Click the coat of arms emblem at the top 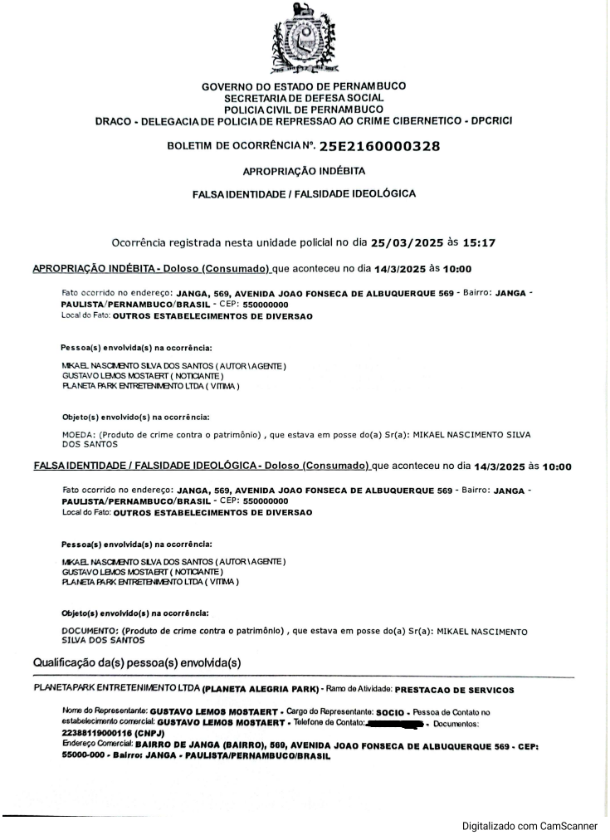click(x=304, y=40)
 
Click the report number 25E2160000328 click(x=379, y=147)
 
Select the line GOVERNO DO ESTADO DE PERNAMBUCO click(x=304, y=86)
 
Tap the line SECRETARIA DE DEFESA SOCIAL click(x=304, y=98)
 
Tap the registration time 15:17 click(x=479, y=243)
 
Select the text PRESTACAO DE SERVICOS click(x=455, y=690)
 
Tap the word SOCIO click(x=389, y=713)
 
